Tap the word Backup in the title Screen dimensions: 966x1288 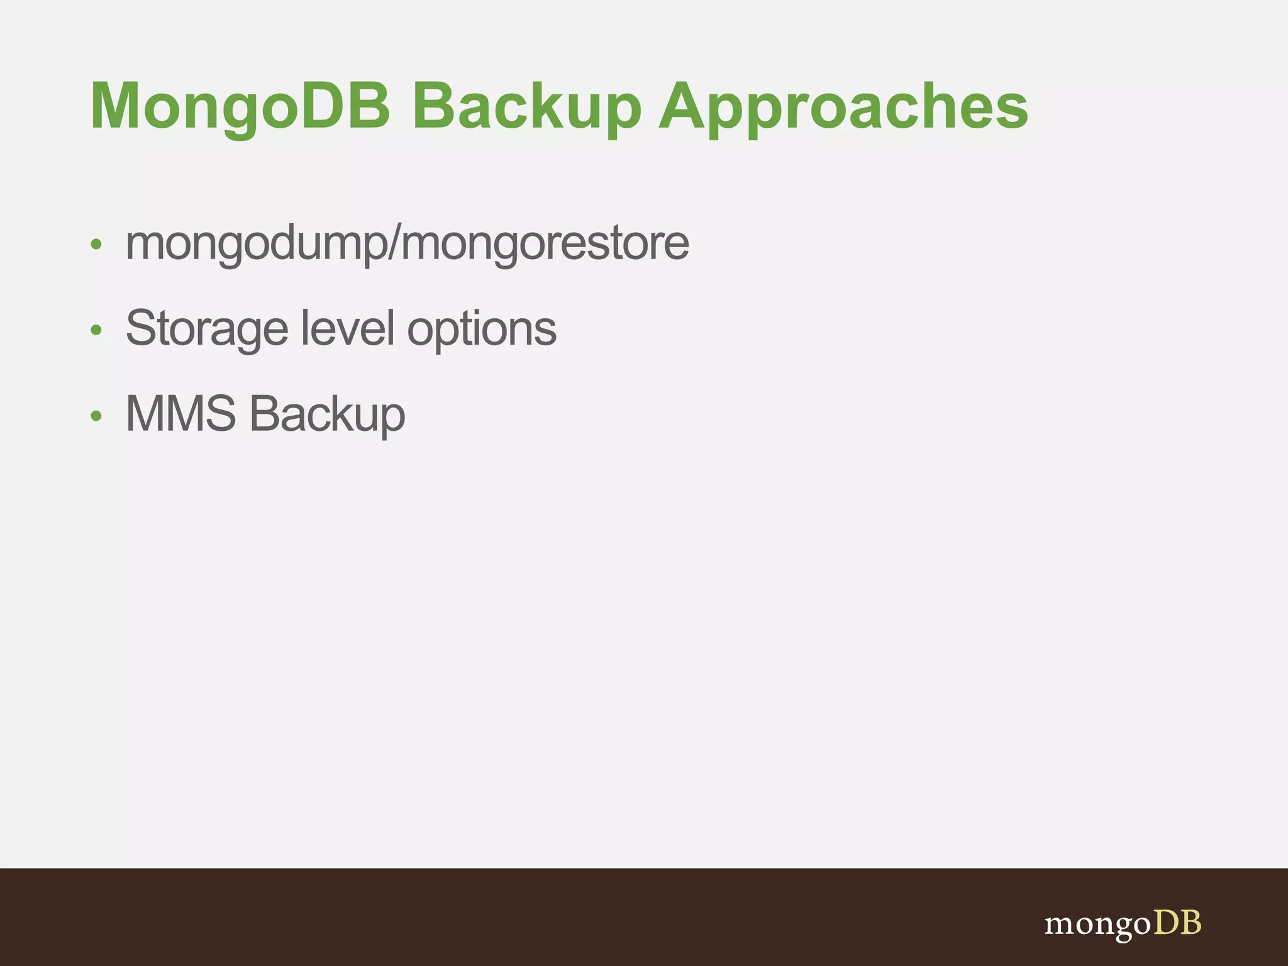[x=526, y=107]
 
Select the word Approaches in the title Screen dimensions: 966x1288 [x=843, y=107]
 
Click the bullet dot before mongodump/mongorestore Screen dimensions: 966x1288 [x=96, y=244]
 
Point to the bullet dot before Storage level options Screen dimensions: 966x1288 [x=96, y=330]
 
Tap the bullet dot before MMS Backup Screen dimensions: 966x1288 [x=96, y=415]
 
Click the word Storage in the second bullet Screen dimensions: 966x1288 [x=207, y=328]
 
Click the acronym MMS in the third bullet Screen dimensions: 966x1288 [x=181, y=414]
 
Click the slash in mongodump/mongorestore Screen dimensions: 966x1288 [x=394, y=243]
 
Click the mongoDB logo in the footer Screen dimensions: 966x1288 [x=1123, y=923]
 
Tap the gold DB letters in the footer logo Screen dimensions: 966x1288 [x=1177, y=922]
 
